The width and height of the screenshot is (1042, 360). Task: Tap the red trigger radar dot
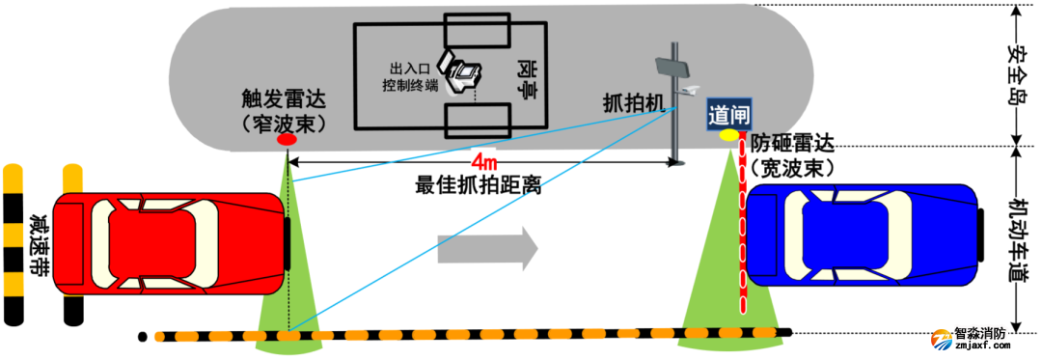(x=287, y=141)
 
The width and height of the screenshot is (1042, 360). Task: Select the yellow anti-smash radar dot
(x=728, y=134)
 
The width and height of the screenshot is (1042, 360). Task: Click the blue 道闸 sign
(x=727, y=113)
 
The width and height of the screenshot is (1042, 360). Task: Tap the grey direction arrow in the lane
(x=487, y=248)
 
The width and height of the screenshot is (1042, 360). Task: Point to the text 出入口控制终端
(x=409, y=77)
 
